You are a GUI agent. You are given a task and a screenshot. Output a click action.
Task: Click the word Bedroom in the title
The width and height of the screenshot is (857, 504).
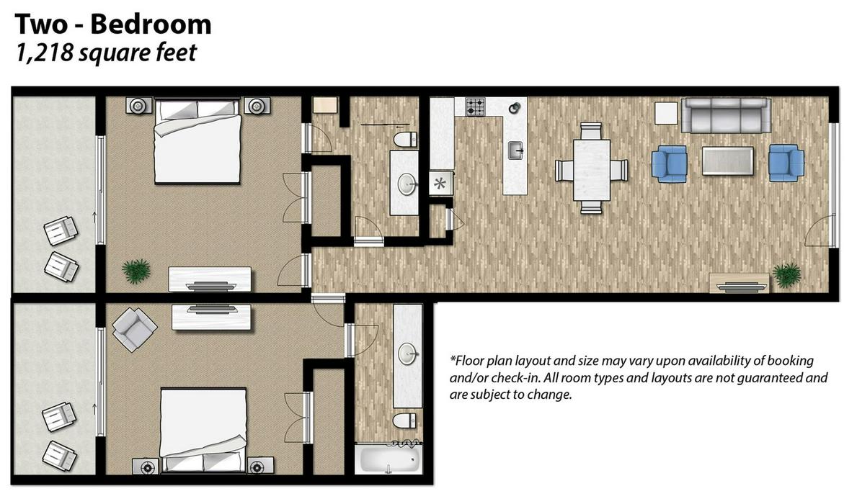point(150,24)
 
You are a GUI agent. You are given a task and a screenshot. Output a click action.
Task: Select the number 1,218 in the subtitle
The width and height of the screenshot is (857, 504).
point(44,53)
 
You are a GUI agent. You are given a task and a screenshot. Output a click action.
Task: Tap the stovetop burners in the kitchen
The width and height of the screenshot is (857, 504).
point(475,107)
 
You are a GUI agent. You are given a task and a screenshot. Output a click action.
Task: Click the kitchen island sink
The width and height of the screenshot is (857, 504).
point(515,150)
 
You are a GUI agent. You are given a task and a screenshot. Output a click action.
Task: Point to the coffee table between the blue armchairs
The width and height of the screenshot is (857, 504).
point(727,161)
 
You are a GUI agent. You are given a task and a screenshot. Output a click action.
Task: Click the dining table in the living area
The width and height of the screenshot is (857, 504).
point(591,170)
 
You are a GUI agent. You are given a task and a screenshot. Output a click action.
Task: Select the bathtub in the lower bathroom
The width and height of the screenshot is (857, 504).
point(388,459)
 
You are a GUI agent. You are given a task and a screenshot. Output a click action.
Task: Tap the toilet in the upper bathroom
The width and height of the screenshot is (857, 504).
point(404,140)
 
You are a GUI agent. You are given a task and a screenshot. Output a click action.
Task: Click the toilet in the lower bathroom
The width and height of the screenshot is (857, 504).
point(404,421)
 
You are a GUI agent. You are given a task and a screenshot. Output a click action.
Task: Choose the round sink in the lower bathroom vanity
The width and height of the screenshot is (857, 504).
point(407,354)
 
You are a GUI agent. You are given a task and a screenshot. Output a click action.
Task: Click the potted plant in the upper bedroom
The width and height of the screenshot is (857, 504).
point(136,271)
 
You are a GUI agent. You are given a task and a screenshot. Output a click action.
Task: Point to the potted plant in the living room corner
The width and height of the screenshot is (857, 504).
point(787,275)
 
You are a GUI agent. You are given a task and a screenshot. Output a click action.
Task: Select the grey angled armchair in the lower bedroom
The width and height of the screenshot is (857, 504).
point(135,329)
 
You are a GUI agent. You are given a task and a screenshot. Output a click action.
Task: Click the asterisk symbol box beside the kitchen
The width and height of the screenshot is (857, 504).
point(440,184)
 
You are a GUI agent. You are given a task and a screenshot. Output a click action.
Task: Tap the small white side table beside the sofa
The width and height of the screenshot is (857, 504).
point(666,114)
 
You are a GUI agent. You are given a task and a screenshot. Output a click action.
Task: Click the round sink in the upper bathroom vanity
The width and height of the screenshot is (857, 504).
point(407,184)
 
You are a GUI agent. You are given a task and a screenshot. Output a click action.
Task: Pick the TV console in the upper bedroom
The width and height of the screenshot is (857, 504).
point(210,279)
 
